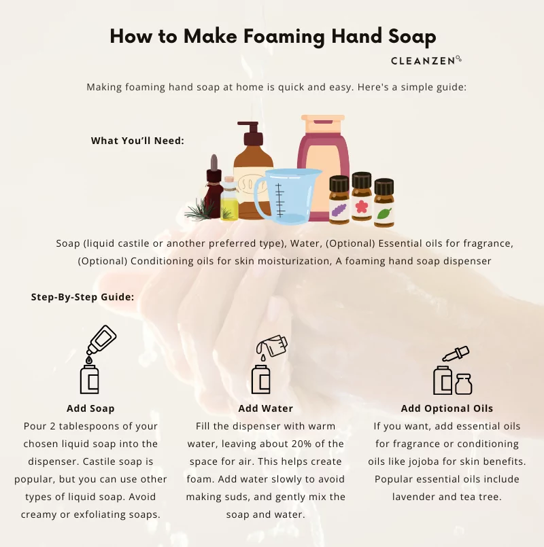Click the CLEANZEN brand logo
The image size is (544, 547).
(426, 60)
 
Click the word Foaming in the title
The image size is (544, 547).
(284, 36)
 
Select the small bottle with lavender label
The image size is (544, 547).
(339, 200)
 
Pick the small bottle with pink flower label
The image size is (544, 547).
(361, 196)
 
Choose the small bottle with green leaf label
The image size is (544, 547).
(384, 202)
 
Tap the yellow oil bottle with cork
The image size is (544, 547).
(229, 198)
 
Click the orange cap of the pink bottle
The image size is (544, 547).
(323, 124)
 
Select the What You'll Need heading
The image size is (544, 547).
(137, 141)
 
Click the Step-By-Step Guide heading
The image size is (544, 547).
(83, 297)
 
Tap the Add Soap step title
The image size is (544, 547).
(90, 408)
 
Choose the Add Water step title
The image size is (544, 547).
(266, 408)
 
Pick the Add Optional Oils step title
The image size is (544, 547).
(447, 408)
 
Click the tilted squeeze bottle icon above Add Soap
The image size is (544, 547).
(101, 340)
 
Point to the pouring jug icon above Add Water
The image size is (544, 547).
(272, 346)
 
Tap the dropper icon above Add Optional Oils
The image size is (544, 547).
(456, 354)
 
